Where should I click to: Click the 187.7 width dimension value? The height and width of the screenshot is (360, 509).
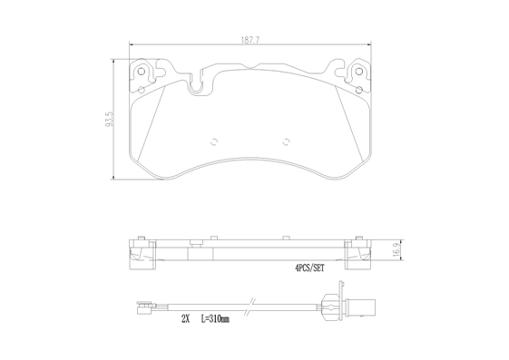click(x=250, y=40)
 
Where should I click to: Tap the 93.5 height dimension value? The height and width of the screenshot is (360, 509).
click(x=109, y=119)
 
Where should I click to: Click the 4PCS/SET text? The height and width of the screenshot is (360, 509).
click(x=309, y=268)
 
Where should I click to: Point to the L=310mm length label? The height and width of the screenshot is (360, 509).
click(x=215, y=319)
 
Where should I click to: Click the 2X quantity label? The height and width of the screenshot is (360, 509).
click(x=185, y=319)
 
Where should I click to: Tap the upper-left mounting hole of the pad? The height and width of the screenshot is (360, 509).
click(x=142, y=72)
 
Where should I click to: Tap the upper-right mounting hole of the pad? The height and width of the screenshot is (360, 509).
click(x=358, y=72)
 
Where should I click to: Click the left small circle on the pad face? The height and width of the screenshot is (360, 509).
click(x=214, y=141)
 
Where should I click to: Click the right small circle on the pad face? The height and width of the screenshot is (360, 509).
click(x=286, y=141)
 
